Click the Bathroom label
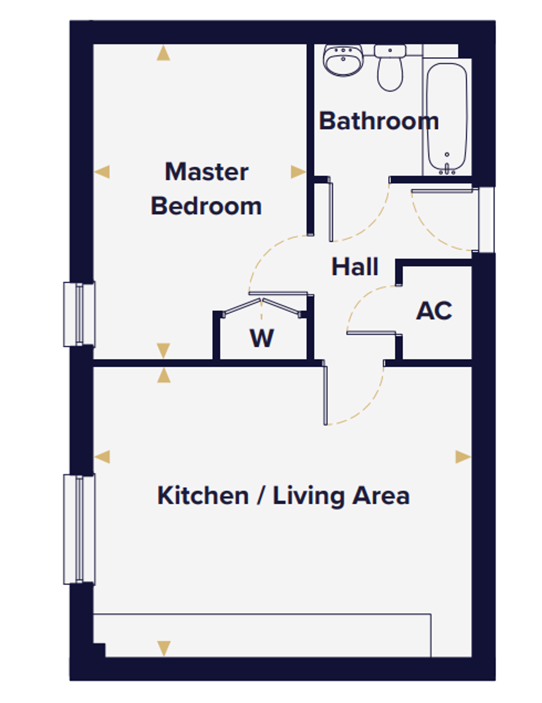coord(378,121)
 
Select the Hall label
coord(354,266)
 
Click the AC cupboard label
coord(434,311)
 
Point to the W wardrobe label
coord(262,338)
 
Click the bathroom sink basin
coord(343,60)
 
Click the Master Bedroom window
coord(79,314)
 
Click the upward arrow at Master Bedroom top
coord(163,53)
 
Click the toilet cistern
coord(390,51)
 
